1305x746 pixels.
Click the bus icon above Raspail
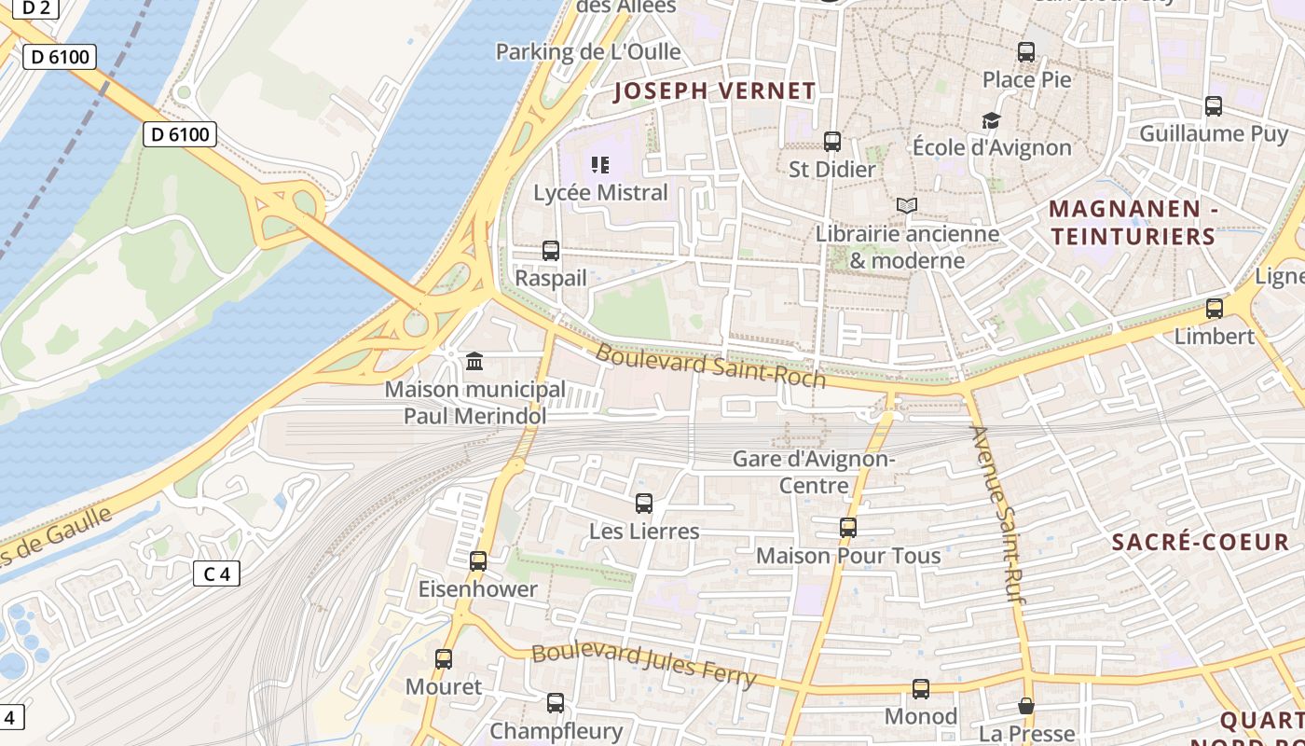pos(551,250)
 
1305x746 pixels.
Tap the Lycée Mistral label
pos(600,193)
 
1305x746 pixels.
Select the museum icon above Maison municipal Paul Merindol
pos(474,361)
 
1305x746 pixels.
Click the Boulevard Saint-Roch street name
pos(710,365)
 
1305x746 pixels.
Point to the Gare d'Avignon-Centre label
pos(814,472)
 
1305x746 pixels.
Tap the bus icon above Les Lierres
pos(643,504)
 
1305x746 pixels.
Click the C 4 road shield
pos(216,573)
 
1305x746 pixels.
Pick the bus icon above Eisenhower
pos(478,560)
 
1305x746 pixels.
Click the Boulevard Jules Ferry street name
pos(642,663)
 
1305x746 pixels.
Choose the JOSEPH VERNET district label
pos(714,91)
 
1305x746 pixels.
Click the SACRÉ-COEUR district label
pos(1201,542)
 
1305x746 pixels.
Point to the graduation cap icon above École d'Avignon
pos(991,120)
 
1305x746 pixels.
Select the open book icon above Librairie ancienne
pos(906,205)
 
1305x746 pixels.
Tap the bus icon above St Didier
pos(832,142)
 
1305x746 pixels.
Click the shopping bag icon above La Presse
pos(1026,706)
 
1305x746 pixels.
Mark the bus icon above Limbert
pos(1214,308)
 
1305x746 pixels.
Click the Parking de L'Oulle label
pos(588,51)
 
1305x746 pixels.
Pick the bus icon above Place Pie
pos(1026,52)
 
